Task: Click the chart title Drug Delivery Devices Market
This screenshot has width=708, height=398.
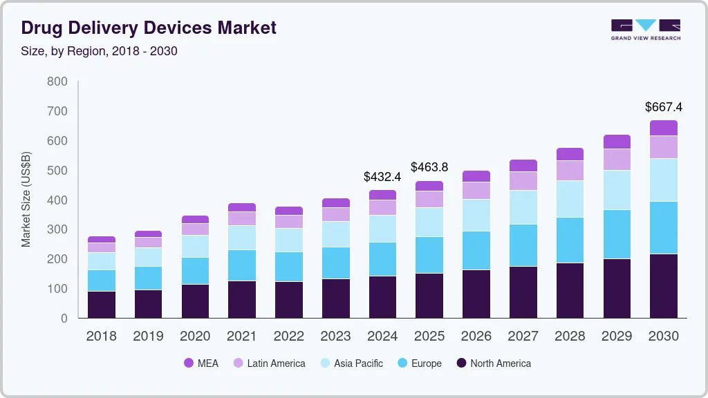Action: point(149,28)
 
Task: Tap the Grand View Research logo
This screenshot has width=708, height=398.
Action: point(646,30)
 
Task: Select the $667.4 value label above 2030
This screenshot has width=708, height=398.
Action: point(663,107)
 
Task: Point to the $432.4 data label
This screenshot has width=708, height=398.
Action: point(382,176)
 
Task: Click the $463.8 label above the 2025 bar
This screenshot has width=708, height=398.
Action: point(429,167)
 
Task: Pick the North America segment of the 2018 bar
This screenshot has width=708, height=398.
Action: point(102,305)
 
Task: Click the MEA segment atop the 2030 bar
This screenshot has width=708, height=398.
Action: point(663,128)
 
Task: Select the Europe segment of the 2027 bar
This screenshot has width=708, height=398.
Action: point(523,245)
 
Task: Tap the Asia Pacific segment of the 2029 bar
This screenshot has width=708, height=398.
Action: point(617,190)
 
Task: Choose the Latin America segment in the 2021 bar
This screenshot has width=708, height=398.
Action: point(241,219)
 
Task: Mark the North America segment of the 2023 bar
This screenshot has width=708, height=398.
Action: point(336,298)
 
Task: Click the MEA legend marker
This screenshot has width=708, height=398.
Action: point(189,363)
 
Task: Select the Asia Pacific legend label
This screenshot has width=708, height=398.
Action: point(359,363)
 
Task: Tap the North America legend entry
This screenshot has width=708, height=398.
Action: point(494,363)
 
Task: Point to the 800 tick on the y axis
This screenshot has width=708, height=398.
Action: point(57,82)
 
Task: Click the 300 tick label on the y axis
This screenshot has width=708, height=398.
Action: point(57,229)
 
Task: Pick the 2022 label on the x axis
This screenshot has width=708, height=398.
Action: point(288,337)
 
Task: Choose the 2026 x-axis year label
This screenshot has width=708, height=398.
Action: point(476,337)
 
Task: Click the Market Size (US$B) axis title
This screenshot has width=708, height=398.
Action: point(26,200)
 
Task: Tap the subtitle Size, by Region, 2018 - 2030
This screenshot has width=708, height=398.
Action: point(99,51)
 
